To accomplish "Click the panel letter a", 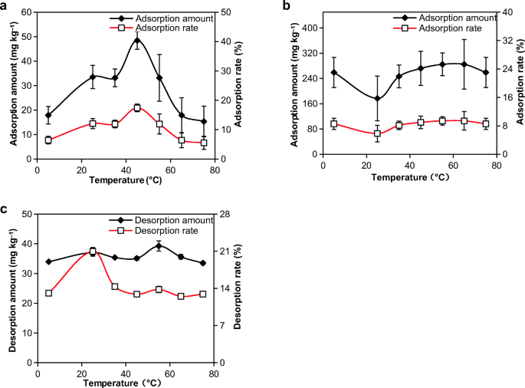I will click(x=5, y=7).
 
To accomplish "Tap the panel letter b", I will click(x=287, y=7).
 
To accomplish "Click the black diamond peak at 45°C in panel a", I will click(x=137, y=40).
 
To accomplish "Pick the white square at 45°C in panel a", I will click(x=137, y=108).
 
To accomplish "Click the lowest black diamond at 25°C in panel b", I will click(x=377, y=98).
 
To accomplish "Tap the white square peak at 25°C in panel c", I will click(x=93, y=252).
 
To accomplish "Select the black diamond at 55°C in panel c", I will click(x=159, y=246).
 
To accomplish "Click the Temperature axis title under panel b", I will click(x=409, y=177).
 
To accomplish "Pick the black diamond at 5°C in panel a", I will click(x=48, y=116).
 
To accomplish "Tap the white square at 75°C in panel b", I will click(x=485, y=124).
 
